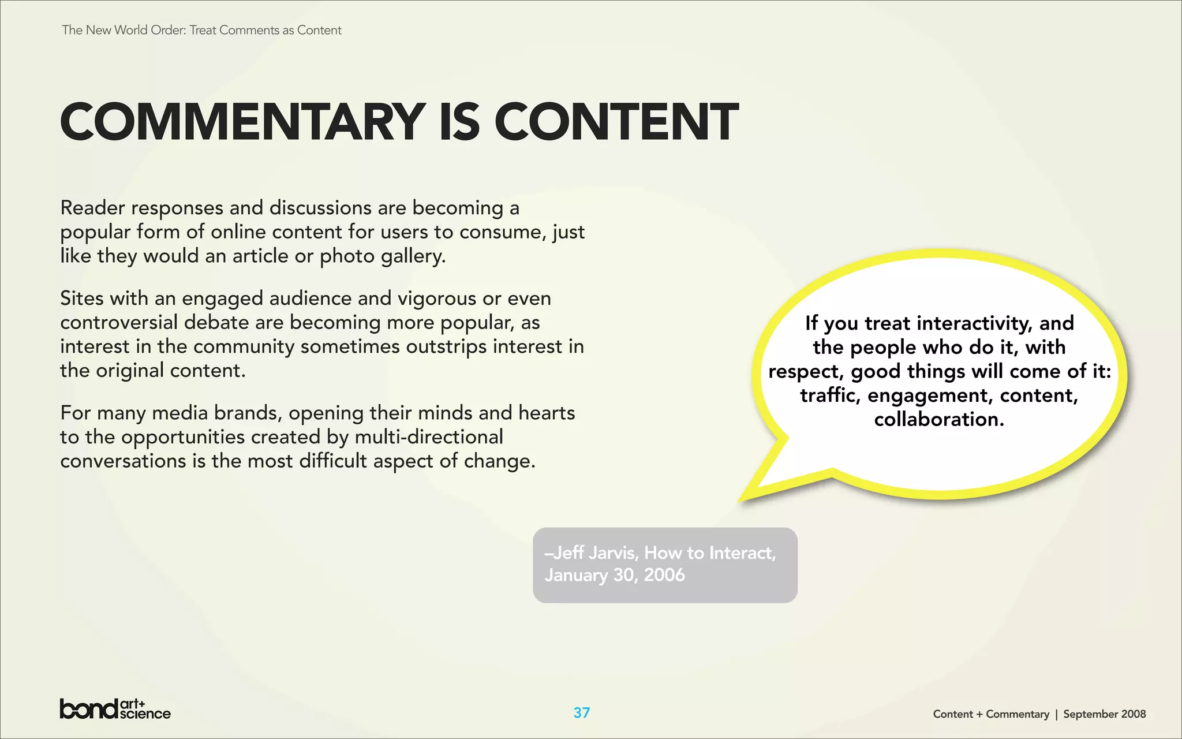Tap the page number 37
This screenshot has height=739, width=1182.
click(581, 712)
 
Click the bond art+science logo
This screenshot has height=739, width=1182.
click(115, 709)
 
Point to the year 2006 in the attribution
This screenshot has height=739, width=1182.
click(664, 575)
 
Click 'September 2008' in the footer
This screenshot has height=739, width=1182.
click(1104, 714)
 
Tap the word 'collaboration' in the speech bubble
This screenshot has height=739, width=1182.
click(939, 419)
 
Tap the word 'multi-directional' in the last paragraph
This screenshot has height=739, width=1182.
click(429, 437)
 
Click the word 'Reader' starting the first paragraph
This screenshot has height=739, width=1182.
click(92, 208)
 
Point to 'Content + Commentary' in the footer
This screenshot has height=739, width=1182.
click(990, 714)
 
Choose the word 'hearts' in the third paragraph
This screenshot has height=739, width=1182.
click(547, 413)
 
